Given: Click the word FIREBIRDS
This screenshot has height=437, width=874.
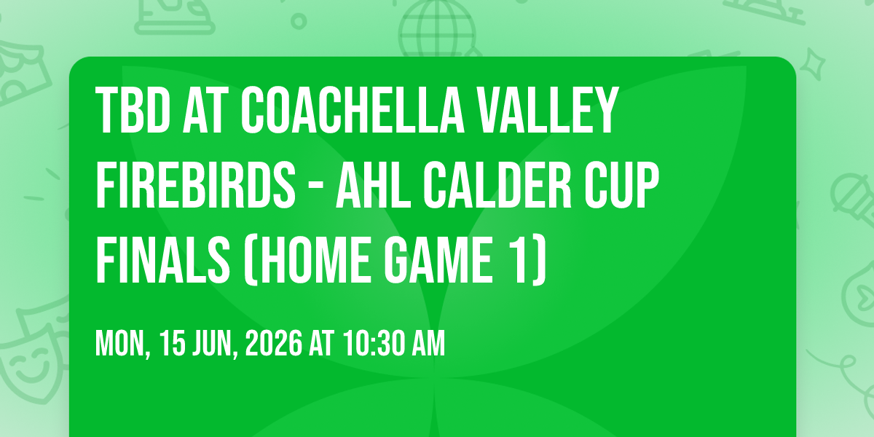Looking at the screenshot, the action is coord(195,185).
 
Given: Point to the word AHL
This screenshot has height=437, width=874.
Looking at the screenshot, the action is coord(374,185).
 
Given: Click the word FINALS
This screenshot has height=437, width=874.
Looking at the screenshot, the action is coord(162,259).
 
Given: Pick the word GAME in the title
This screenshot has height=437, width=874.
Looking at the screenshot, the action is coord(438,259).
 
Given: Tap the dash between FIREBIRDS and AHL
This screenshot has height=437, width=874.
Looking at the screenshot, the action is coord(315,187).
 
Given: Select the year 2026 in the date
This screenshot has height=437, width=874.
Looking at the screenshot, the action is coord(274,343).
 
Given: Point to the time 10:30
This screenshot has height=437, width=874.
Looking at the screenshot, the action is coord(374,343).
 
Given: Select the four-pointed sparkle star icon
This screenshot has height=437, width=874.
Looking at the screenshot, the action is coord(812,65).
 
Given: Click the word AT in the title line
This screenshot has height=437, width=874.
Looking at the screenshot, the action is coord(205,110).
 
